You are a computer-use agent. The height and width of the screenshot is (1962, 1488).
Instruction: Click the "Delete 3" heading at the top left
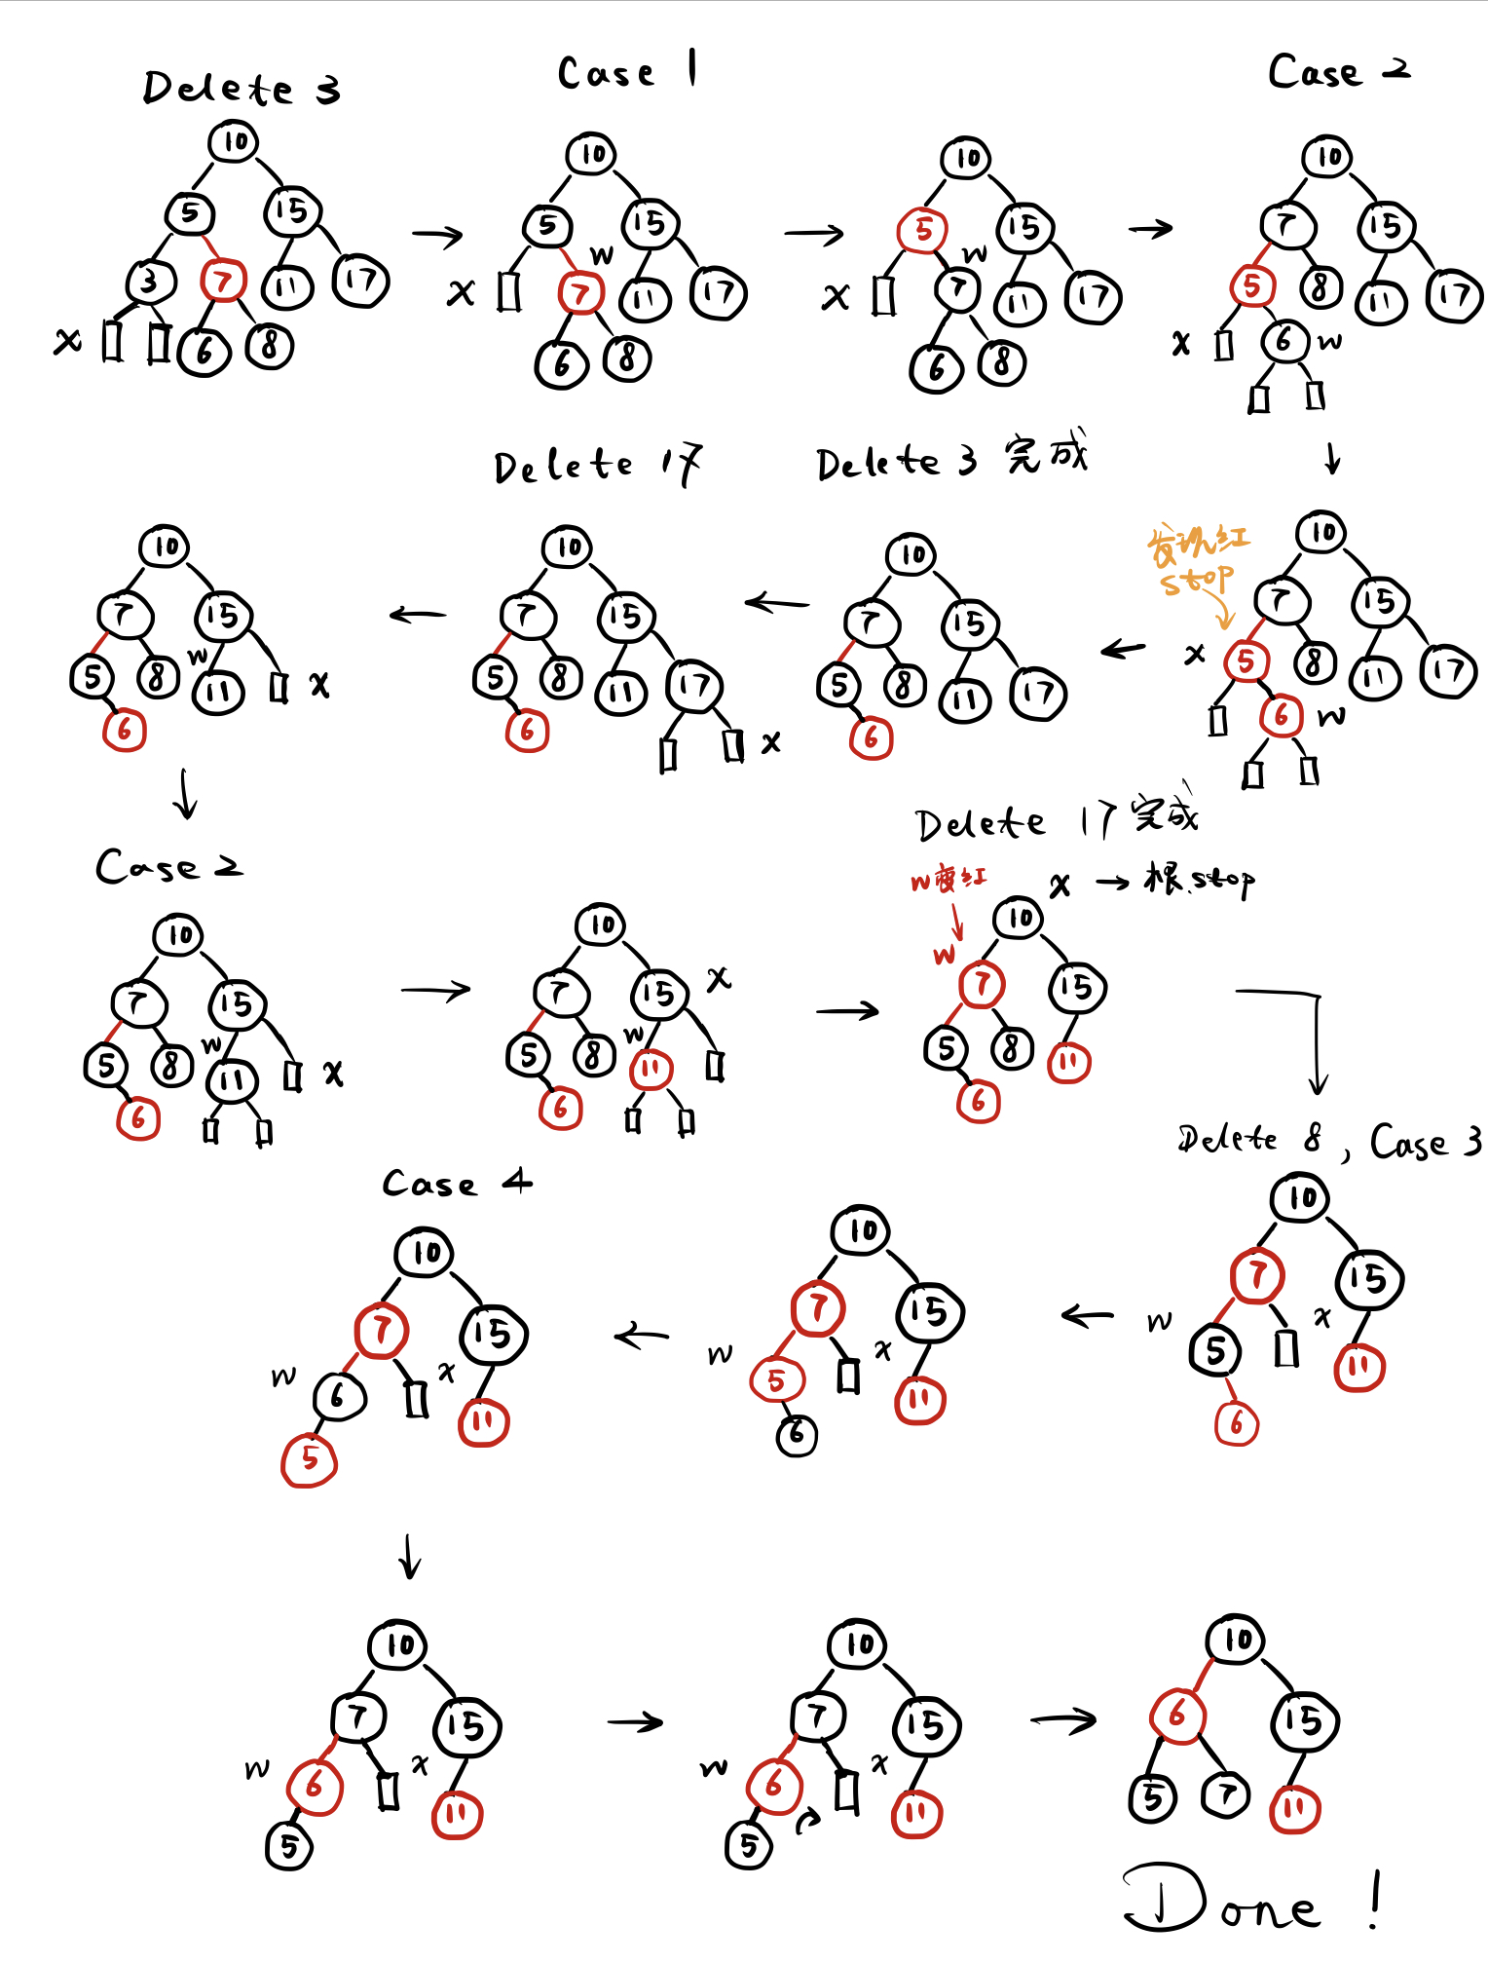[x=241, y=89]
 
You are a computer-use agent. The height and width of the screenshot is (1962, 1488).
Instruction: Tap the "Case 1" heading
[x=626, y=71]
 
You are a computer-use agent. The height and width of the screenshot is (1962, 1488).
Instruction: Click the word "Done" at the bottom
[x=1222, y=1901]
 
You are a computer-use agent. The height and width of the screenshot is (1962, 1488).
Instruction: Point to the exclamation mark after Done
[x=1374, y=1900]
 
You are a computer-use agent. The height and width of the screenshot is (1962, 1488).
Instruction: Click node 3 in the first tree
[x=149, y=283]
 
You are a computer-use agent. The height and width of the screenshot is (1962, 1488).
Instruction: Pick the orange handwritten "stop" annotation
[x=1196, y=581]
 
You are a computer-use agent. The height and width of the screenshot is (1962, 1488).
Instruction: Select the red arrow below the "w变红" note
[x=956, y=921]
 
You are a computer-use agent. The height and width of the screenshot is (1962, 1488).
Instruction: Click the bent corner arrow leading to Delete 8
[x=1305, y=1033]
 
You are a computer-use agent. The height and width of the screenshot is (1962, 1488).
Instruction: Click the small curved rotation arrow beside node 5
[x=806, y=1820]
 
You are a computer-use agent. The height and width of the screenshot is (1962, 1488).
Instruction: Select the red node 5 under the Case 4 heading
[x=309, y=1458]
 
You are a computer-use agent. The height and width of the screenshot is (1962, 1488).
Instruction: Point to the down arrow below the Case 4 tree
[x=410, y=1556]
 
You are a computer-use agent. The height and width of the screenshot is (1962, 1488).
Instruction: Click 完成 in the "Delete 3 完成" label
[x=1046, y=455]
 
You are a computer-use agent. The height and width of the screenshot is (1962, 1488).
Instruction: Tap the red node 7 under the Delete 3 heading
[x=223, y=282]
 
